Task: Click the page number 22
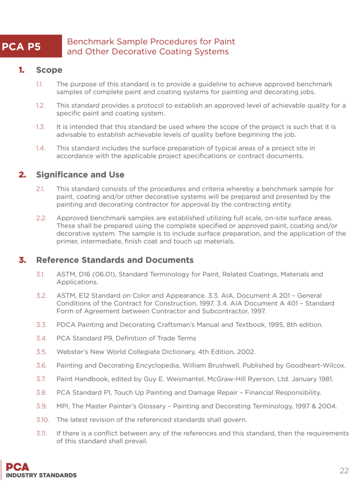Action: pos(344,470)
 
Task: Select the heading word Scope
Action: pos(49,70)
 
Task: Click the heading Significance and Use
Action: pos(80,175)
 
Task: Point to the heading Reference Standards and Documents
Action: pos(115,260)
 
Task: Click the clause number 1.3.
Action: pos(41,127)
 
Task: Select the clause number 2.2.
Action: pos(41,218)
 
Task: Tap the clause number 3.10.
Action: pos(41,419)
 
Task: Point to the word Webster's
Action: pos(71,351)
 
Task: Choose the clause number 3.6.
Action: pos(41,365)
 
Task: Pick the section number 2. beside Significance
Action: pos(22,175)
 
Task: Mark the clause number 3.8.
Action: pos(41,392)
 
